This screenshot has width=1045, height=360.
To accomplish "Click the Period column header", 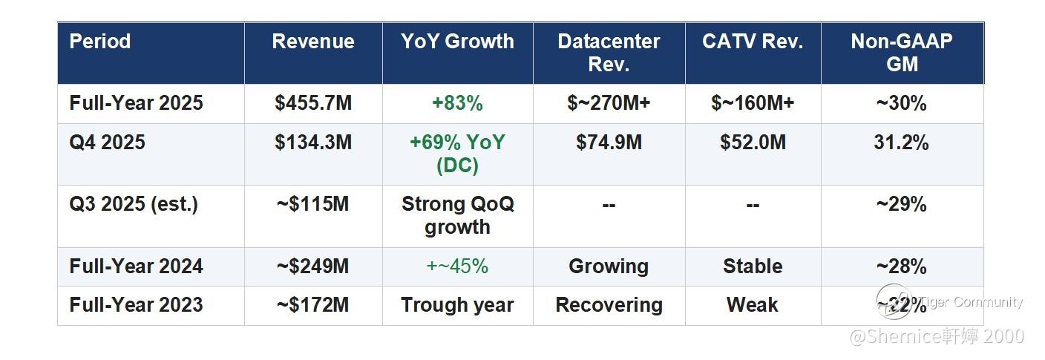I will [x=100, y=42].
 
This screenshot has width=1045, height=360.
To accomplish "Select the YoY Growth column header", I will [x=457, y=42].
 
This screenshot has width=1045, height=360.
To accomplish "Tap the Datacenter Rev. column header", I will [x=609, y=53].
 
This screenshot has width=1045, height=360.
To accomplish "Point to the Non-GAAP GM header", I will [x=902, y=53].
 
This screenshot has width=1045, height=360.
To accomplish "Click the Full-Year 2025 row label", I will [x=136, y=103].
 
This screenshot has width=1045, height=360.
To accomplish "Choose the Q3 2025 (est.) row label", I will [x=134, y=204].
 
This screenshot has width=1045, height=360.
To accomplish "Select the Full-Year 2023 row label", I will [x=136, y=305].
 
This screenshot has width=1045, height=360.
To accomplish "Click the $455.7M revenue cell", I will [x=313, y=103].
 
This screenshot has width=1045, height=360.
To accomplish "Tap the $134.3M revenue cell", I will [x=313, y=143].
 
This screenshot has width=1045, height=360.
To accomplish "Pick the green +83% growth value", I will [x=457, y=103].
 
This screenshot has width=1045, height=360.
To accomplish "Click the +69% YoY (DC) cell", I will [x=457, y=154].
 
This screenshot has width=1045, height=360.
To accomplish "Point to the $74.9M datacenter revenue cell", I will [x=609, y=143].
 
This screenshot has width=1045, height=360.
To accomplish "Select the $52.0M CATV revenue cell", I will [x=753, y=143].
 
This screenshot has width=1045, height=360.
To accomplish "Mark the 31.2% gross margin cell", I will [x=902, y=143].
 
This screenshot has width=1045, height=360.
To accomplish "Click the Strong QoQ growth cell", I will [x=457, y=215].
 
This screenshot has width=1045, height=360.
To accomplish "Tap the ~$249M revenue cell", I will [x=313, y=266].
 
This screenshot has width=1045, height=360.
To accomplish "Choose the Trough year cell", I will [x=457, y=305].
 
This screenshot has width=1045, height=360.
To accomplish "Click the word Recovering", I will [x=609, y=305].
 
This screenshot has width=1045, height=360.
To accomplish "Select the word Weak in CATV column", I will [x=753, y=305].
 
